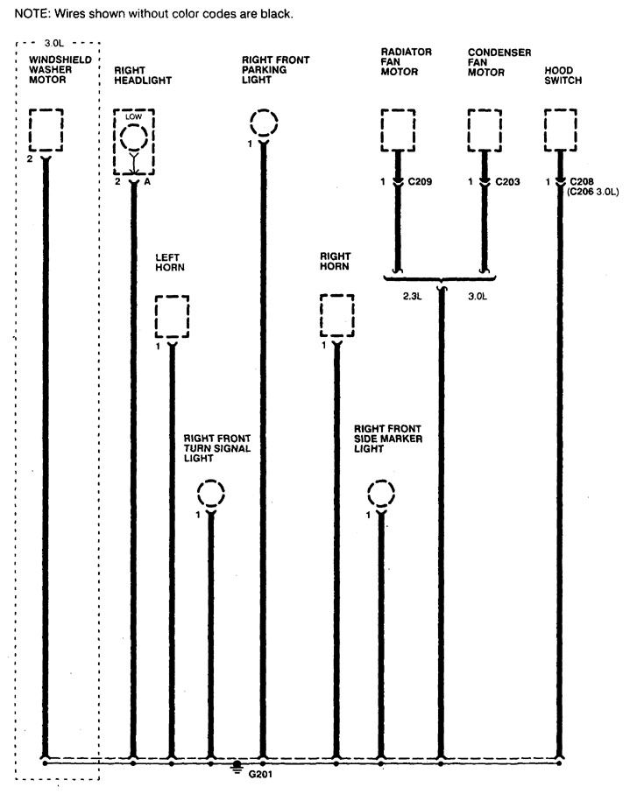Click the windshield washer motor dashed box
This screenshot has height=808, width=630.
click(x=46, y=130)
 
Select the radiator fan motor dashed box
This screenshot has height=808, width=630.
click(x=397, y=130)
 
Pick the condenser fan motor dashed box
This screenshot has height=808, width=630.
click(x=483, y=130)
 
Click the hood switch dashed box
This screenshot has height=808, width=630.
click(x=560, y=130)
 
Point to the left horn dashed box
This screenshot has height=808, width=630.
click(x=172, y=317)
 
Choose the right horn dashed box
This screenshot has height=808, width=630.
click(x=336, y=316)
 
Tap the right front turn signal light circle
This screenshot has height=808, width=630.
click(x=211, y=494)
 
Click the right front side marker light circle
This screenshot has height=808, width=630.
click(x=381, y=494)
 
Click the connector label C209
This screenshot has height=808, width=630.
click(x=421, y=183)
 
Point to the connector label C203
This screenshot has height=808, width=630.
click(x=507, y=183)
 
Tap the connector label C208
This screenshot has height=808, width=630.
click(x=581, y=183)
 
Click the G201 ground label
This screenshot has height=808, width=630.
click(x=260, y=774)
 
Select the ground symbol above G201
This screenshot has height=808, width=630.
click(x=237, y=768)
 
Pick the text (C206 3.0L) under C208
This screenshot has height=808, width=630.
click(x=593, y=193)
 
